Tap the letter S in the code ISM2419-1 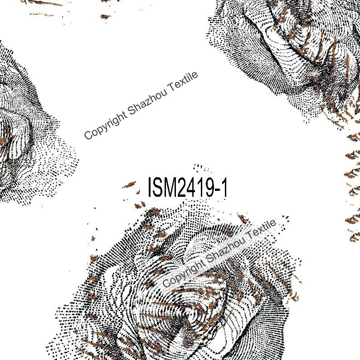pyautogui.click(x=159, y=187)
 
